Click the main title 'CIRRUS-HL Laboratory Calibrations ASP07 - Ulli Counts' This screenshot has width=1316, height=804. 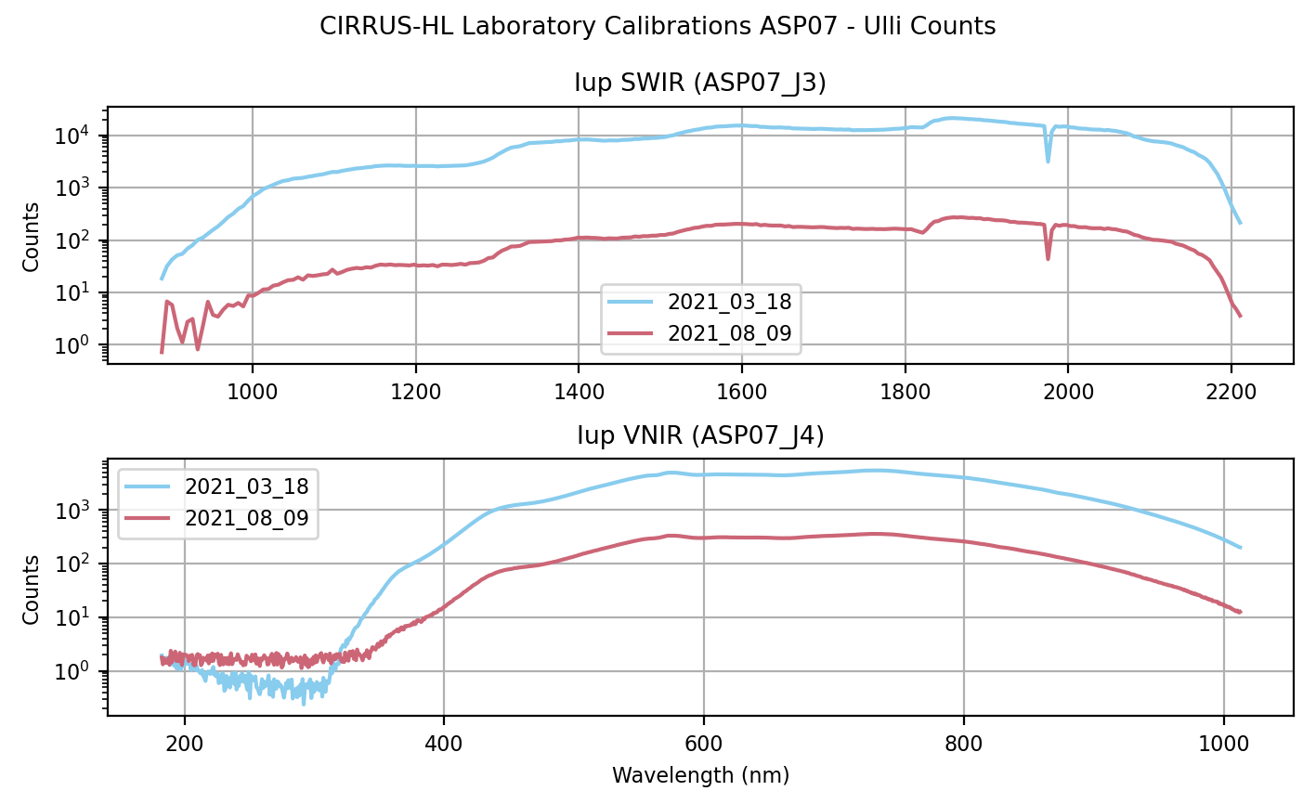658,26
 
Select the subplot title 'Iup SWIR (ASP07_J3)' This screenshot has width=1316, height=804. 700,84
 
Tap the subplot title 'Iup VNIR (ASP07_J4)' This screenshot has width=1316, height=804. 700,434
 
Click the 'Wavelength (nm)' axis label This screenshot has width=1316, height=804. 700,775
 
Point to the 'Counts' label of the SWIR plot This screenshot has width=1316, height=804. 32,236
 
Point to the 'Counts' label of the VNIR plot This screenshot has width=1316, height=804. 32,589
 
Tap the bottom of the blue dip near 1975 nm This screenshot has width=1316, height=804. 1049,162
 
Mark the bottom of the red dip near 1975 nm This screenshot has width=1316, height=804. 1049,258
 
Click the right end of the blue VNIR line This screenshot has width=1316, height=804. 1241,547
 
